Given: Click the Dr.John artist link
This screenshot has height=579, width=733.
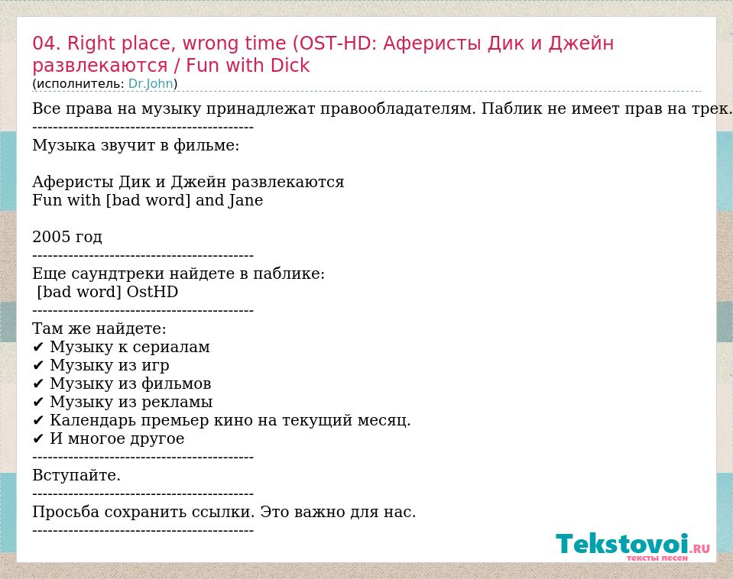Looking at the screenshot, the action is coord(151,84).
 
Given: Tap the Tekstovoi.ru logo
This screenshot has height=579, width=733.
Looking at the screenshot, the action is coord(633,546).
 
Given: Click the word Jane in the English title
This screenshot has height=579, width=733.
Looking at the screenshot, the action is coord(246,200).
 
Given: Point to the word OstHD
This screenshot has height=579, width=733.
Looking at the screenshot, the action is coord(152,292).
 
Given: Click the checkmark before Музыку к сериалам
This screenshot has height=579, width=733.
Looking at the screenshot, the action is coord(38,348).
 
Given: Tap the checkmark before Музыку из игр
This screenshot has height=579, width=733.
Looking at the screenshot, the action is coord(38,365).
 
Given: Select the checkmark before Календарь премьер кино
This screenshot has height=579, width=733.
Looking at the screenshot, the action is coord(38,421).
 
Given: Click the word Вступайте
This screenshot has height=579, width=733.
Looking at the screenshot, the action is coord(76,475).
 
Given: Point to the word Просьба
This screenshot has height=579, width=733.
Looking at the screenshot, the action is coord(66,513).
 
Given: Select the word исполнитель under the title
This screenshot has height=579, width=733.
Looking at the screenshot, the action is coord(80,84).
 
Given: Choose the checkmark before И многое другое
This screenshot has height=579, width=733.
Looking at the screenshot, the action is coord(38,438).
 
